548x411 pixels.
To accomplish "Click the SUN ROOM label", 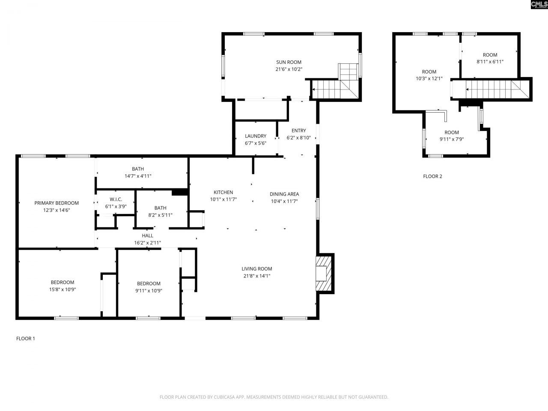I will click(x=289, y=62).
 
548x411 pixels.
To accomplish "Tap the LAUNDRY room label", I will click(x=256, y=136).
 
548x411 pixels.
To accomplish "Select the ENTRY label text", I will click(x=298, y=131).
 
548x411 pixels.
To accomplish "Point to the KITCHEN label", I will click(x=223, y=193).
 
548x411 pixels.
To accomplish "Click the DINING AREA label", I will click(x=284, y=194).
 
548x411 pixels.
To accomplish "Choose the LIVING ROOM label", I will click(x=256, y=269).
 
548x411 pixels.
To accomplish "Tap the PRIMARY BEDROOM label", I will click(x=57, y=203).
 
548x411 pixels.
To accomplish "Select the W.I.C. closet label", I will click(x=116, y=200).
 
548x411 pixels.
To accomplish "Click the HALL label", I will click(x=147, y=235).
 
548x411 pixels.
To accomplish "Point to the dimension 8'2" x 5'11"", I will click(x=160, y=215).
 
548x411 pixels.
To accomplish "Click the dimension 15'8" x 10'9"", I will click(x=63, y=289).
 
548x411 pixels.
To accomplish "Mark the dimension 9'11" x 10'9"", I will click(x=149, y=291).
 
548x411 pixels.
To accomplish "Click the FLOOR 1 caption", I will click(x=26, y=339).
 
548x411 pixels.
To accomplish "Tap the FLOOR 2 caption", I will click(x=432, y=176).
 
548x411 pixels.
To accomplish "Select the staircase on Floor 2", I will click(x=492, y=90).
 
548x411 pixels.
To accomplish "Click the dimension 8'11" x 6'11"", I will click(x=490, y=62).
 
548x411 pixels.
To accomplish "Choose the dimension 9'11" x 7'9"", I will click(x=451, y=139).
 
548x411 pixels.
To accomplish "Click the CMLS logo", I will click(x=539, y=5).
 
